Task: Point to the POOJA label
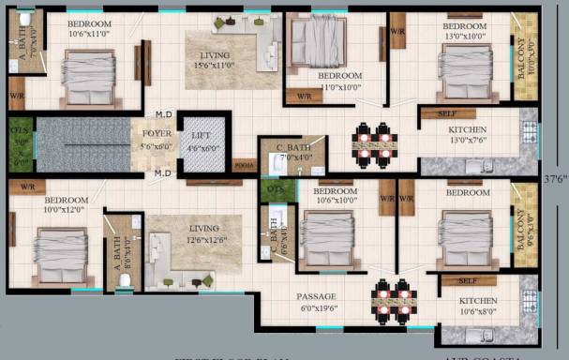244,161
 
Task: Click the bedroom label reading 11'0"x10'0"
339,80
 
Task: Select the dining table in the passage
391,298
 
